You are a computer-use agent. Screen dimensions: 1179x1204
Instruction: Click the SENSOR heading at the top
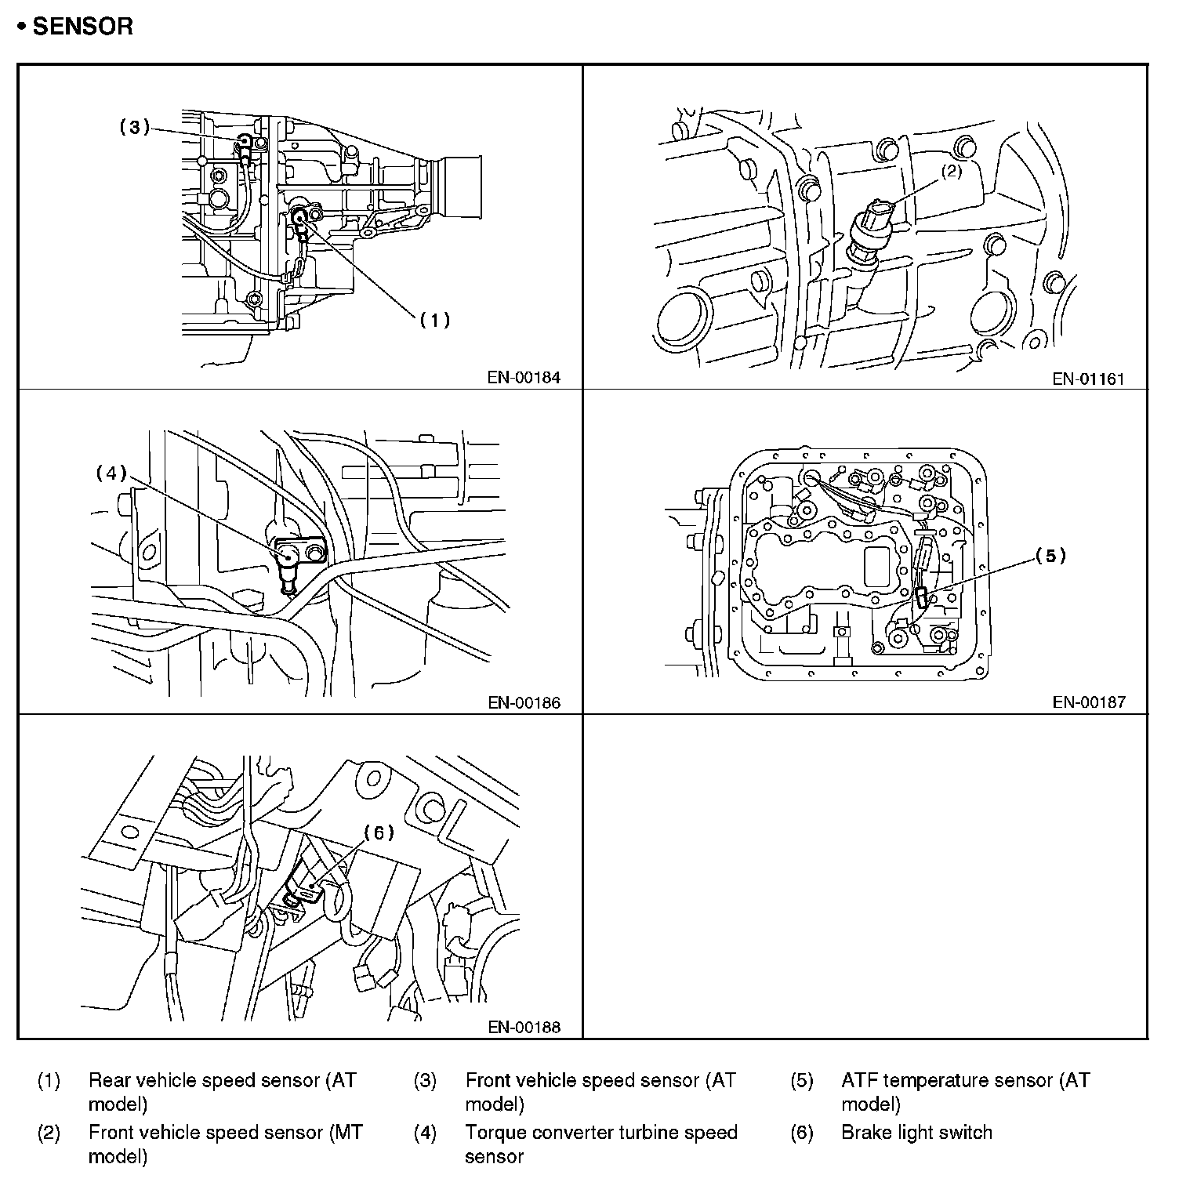point(75,27)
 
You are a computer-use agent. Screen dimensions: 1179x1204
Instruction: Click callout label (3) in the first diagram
point(134,127)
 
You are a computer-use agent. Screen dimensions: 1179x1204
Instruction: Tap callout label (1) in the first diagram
point(434,320)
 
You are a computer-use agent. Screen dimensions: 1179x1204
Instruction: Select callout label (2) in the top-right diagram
point(951,172)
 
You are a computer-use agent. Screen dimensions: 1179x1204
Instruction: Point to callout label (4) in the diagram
point(111,473)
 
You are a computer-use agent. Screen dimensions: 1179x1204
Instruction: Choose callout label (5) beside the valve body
point(1050,556)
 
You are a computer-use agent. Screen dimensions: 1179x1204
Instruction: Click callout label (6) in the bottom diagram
point(379,833)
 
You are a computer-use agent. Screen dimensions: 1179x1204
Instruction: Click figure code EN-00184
point(524,378)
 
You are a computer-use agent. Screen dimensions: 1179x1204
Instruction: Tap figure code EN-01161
point(1089,379)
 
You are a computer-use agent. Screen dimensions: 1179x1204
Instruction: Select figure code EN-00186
point(524,703)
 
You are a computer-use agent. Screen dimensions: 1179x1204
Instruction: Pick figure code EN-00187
point(1089,702)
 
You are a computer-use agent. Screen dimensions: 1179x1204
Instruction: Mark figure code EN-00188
point(524,1027)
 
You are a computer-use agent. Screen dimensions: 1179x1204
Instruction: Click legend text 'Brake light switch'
point(916,1133)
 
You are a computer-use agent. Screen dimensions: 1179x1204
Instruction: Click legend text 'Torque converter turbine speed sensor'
point(601,1144)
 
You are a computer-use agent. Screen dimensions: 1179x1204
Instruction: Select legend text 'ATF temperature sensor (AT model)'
point(965,1092)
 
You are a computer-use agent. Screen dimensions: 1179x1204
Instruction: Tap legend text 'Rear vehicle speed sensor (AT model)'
point(223,1092)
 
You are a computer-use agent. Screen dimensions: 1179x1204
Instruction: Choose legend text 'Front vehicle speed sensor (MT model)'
point(226,1144)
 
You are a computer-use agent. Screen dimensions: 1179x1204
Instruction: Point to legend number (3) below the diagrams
point(425,1081)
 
